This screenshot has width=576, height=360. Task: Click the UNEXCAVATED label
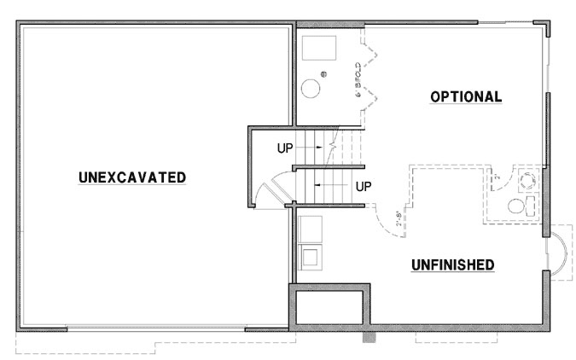tap(132, 177)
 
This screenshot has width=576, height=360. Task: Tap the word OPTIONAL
tap(466, 96)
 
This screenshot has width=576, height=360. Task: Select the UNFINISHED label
tap(453, 264)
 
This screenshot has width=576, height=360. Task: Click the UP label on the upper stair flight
tap(286, 148)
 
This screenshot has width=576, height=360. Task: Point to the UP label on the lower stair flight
tap(363, 185)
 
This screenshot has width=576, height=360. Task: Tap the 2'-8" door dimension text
tap(396, 219)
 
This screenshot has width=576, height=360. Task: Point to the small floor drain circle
tap(323, 73)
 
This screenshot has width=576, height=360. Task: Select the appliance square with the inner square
tap(308, 254)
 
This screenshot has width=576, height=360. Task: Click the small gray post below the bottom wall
tap(369, 337)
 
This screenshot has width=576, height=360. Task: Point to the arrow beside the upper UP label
tap(311, 148)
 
